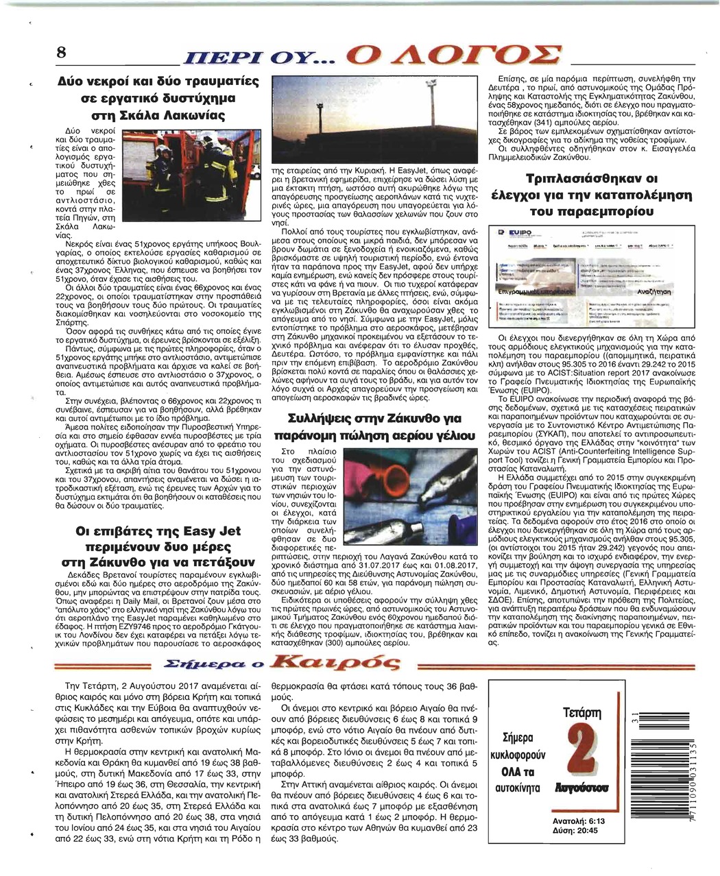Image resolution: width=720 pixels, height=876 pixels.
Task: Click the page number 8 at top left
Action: tap(62, 53)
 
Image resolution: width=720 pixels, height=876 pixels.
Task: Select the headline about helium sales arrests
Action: tap(374, 426)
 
